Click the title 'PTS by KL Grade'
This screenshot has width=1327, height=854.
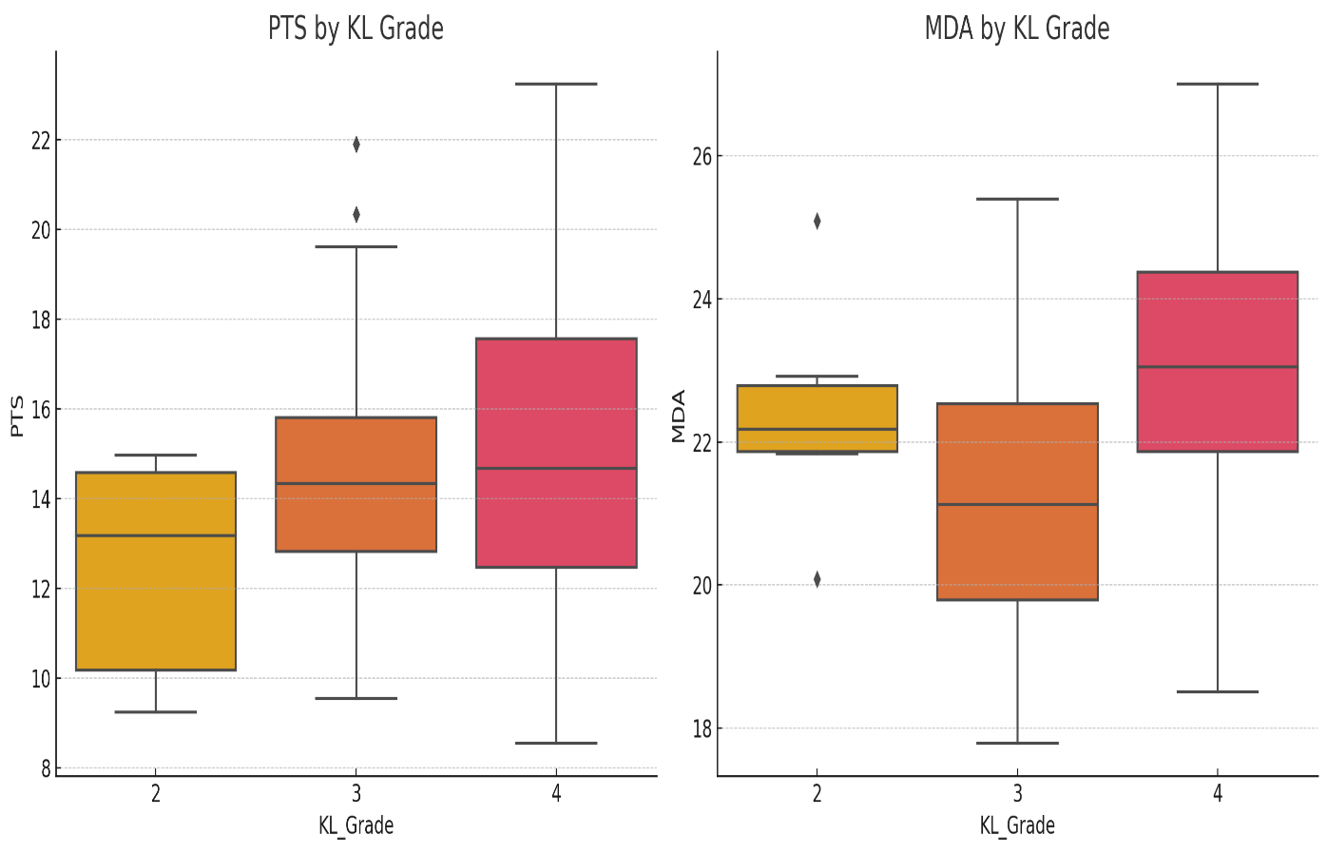click(356, 29)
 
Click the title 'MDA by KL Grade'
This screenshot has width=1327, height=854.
click(1016, 29)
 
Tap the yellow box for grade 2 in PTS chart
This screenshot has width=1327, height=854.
click(156, 571)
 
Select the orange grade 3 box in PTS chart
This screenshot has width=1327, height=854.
click(356, 484)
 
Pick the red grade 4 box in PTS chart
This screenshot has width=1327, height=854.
click(556, 453)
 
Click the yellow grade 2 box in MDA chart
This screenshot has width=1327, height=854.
click(817, 418)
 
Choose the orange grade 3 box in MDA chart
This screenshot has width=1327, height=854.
click(1017, 501)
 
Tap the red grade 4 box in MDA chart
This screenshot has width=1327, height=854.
click(1218, 361)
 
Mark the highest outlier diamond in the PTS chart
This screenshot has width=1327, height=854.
click(356, 145)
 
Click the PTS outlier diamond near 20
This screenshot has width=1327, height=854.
click(356, 215)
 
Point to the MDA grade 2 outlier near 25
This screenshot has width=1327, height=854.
click(817, 222)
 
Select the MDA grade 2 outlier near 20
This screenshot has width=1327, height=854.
click(817, 579)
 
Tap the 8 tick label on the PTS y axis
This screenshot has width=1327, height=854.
click(44, 768)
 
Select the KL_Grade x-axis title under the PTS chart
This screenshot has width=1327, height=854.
click(356, 825)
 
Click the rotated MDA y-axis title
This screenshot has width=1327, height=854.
click(678, 416)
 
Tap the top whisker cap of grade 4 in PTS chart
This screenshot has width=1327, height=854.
click(556, 85)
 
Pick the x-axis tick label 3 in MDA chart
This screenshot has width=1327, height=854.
click(1017, 794)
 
